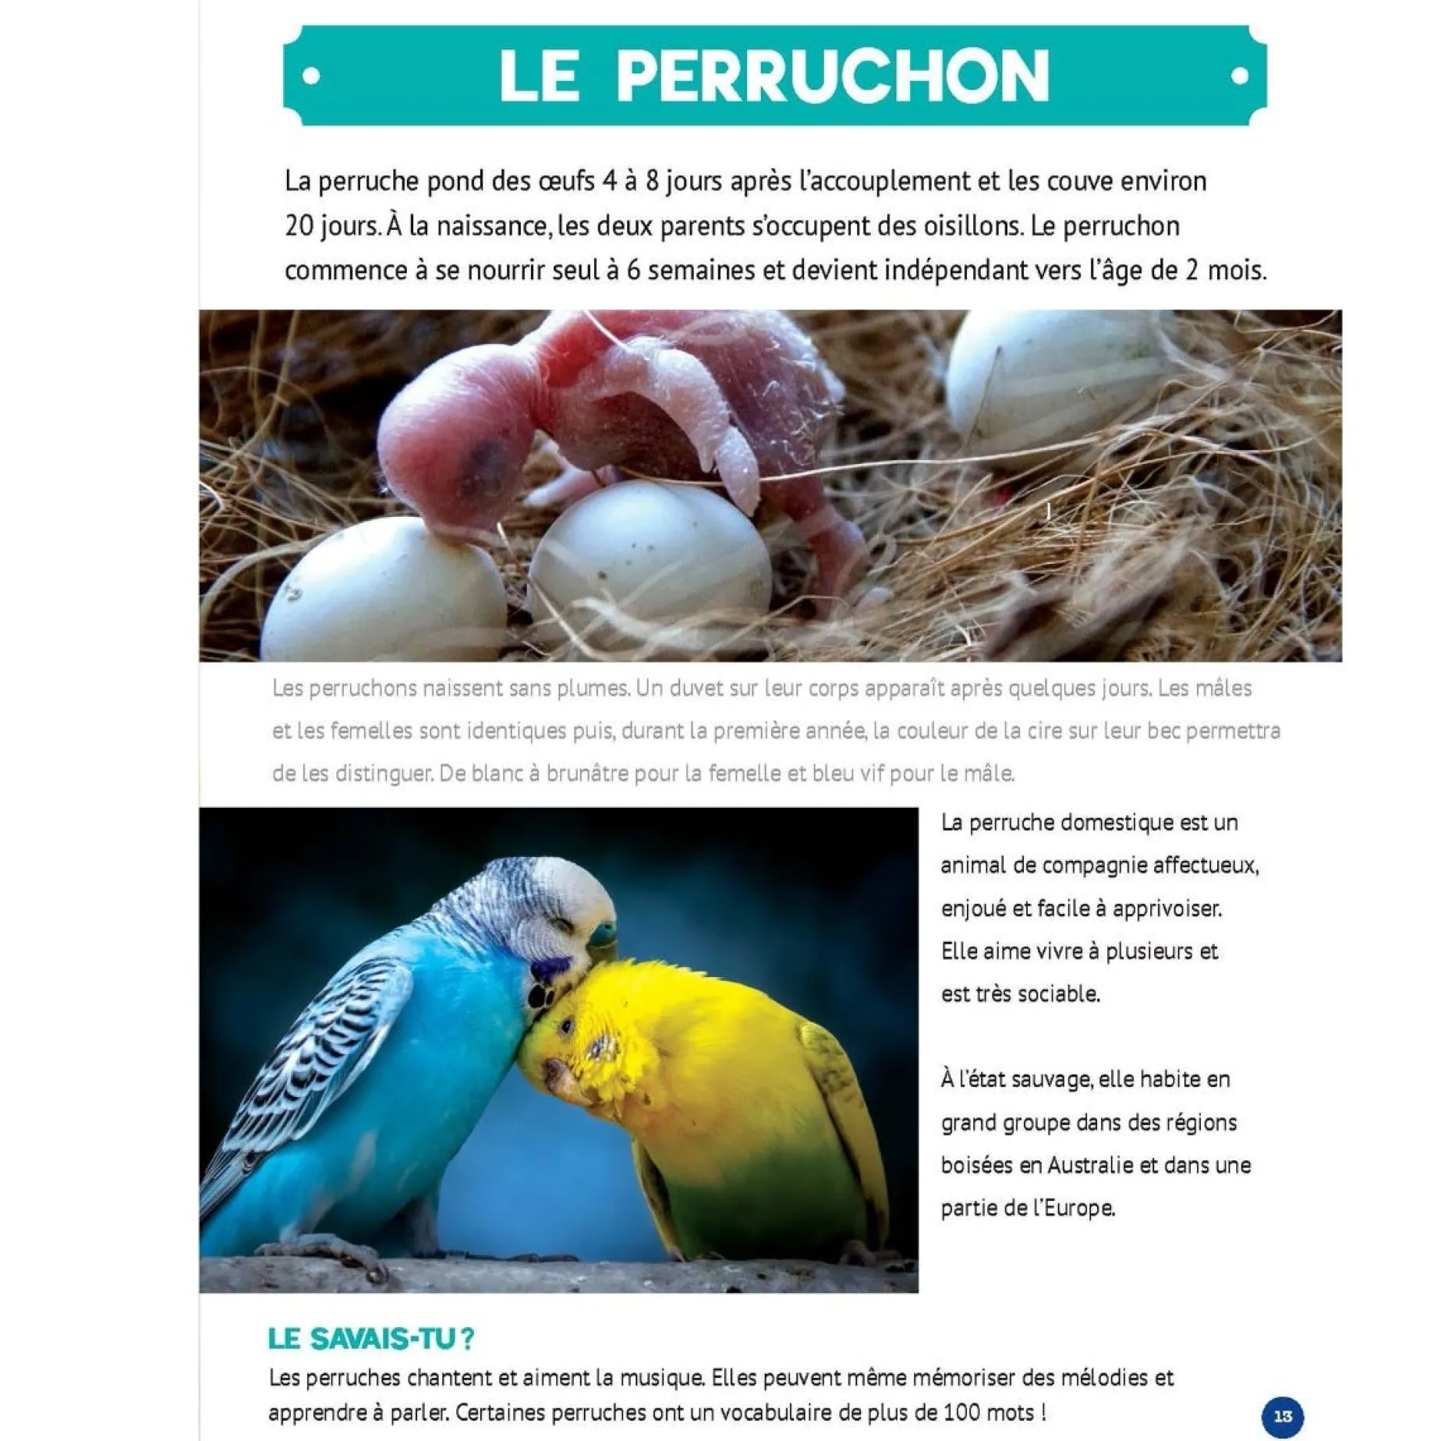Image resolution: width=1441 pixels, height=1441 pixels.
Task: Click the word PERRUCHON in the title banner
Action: [x=833, y=76]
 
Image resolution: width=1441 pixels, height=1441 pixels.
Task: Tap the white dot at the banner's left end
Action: [x=311, y=76]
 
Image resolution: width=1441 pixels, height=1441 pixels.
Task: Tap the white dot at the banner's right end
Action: [x=1240, y=76]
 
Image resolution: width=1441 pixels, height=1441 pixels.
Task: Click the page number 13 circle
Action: [x=1283, y=1416]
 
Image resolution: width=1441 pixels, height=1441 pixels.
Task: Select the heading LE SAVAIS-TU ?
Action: [x=370, y=1338]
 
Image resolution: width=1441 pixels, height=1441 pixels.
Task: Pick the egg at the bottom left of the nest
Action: [x=382, y=593]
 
